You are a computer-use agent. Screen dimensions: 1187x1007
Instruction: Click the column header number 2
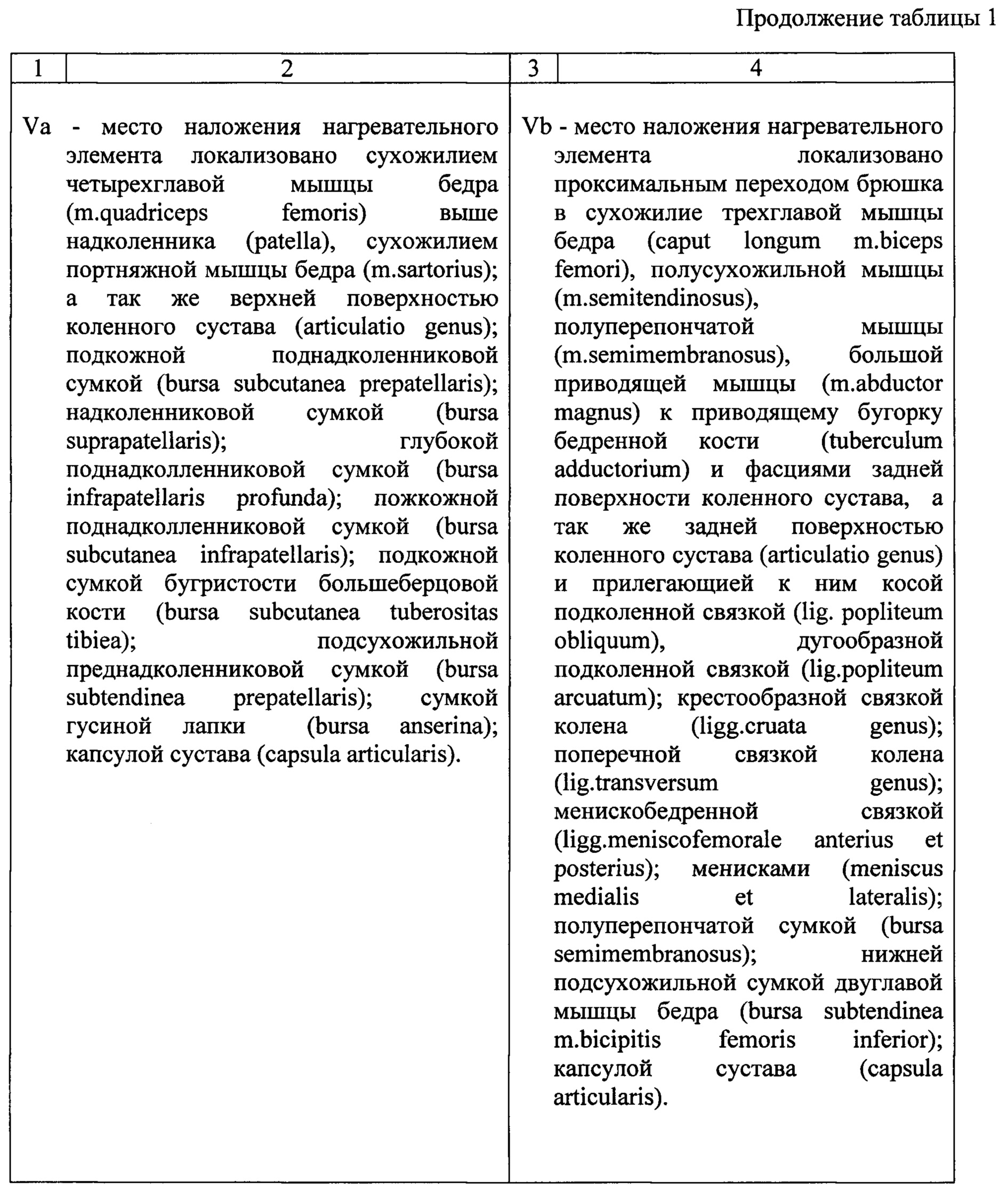pos(287,68)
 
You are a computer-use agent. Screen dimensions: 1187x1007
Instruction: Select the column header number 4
pos(755,68)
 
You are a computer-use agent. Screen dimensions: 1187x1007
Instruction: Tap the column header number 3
pos(533,68)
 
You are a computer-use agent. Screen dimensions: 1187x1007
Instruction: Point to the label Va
pos(37,127)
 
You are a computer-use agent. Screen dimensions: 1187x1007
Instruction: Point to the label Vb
pos(537,127)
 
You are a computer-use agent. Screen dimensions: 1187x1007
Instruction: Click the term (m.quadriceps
pos(137,213)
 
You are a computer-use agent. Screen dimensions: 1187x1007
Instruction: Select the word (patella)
pos(291,241)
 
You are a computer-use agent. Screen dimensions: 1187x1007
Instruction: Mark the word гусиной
pos(108,726)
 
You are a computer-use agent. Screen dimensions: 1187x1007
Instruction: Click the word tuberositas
pos(444,612)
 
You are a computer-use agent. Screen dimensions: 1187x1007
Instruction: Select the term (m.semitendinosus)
pos(656,298)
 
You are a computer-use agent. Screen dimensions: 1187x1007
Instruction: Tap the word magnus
pos(597,413)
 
